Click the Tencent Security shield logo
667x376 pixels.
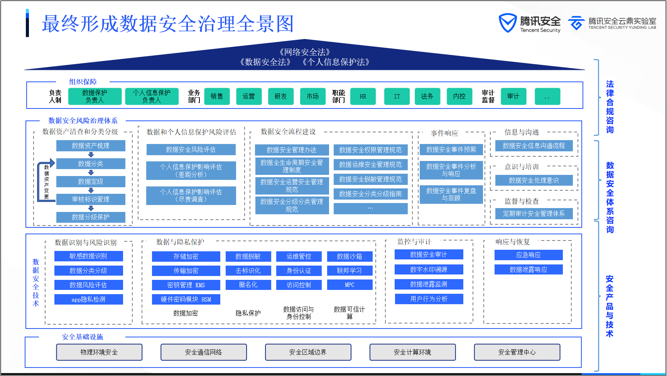click(507, 23)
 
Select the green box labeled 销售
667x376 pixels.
click(217, 97)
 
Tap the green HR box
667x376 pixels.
click(363, 97)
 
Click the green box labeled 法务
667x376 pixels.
click(427, 97)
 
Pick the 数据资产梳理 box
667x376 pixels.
click(91, 146)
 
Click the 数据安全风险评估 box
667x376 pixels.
click(191, 149)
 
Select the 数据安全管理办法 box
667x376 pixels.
click(292, 150)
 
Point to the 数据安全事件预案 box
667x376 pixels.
click(451, 149)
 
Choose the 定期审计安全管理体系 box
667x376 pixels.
click(534, 213)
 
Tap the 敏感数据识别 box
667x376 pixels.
click(88, 256)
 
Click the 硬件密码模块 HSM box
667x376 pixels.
click(186, 299)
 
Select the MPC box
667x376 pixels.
click(350, 285)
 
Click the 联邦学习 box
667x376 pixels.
click(350, 271)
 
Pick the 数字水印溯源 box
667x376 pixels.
click(429, 269)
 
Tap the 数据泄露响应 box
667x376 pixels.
click(528, 269)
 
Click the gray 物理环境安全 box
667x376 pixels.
click(99, 352)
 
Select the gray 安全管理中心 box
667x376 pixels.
click(517, 352)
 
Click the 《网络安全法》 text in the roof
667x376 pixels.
click(305, 52)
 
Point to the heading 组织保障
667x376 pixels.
click(83, 82)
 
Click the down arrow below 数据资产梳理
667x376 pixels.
click(91, 155)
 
